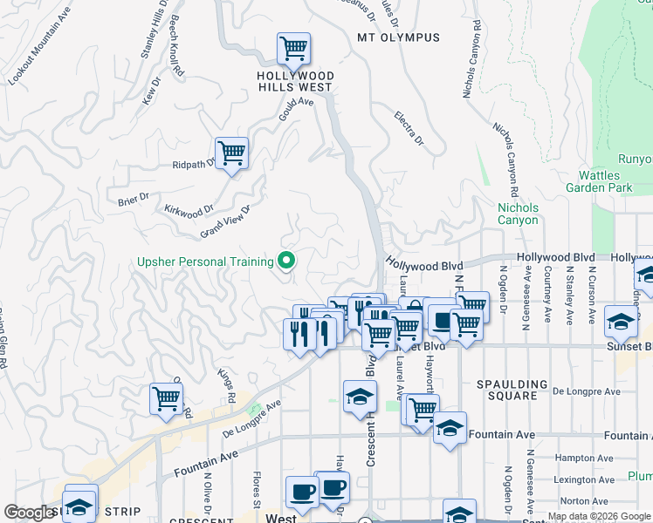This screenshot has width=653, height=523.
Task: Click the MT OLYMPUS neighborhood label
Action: point(398,37)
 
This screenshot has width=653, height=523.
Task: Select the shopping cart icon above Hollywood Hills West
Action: point(294,48)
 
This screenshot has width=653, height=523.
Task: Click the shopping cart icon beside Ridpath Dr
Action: point(232,153)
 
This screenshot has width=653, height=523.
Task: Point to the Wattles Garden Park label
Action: point(598,181)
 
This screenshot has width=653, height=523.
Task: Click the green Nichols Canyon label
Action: point(518,214)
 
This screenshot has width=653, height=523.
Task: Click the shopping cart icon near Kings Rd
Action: point(166,399)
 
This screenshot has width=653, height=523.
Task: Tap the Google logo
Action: point(28,513)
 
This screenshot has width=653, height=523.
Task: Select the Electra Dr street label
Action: point(408,128)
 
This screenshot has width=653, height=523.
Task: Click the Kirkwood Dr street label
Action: point(189,212)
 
